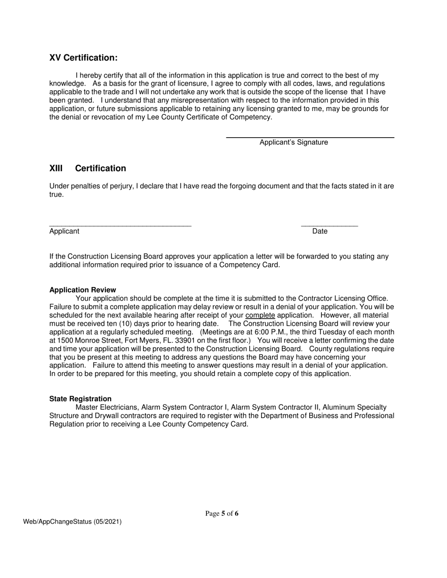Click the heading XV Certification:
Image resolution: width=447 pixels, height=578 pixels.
tap(83, 58)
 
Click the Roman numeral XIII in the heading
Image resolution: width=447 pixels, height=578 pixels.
tap(56, 168)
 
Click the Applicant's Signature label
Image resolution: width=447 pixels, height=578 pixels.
tap(294, 142)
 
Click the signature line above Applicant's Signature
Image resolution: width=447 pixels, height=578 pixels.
tap(310, 137)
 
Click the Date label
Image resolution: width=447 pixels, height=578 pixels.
tap(320, 231)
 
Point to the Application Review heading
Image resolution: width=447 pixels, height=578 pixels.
tap(82, 290)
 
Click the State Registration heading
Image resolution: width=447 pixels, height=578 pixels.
tap(80, 399)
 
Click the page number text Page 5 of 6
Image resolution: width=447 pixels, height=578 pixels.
tap(222, 514)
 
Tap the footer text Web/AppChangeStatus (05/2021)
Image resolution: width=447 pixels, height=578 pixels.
tap(72, 521)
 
